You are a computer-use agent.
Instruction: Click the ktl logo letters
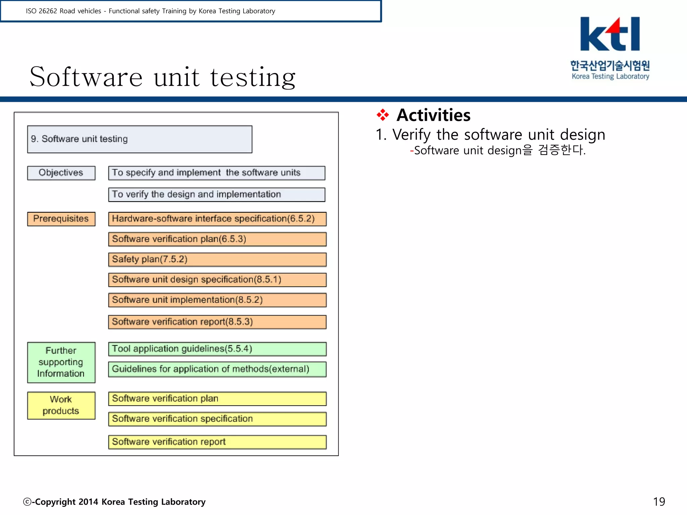point(610,34)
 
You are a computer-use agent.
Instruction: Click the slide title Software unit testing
point(163,77)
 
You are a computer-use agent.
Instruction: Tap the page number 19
point(659,502)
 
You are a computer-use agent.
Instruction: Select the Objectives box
point(61,173)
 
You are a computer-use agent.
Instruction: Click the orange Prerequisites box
point(61,219)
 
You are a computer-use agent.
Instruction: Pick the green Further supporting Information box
point(61,362)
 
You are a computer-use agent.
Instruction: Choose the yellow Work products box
point(61,405)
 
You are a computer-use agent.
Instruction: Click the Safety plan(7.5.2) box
point(217,260)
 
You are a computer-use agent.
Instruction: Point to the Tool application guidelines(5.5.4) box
point(217,349)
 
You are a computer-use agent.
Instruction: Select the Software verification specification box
point(217,419)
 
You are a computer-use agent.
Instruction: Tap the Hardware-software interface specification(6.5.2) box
point(217,219)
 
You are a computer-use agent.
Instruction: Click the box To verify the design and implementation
point(216,194)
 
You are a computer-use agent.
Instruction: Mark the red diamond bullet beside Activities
point(382,115)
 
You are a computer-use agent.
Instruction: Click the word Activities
point(433,115)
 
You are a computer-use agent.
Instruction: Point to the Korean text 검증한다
point(562,150)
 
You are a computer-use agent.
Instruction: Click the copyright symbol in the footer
point(27,502)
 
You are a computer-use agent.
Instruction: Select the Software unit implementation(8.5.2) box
point(217,300)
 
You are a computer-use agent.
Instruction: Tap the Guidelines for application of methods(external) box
point(217,369)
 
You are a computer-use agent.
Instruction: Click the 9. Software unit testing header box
point(140,139)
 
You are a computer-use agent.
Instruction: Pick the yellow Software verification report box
point(217,442)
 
